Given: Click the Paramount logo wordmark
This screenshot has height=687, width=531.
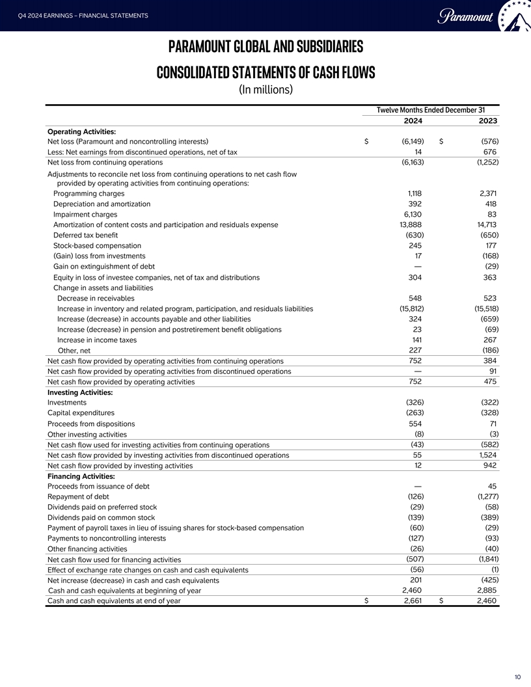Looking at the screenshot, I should (x=467, y=16).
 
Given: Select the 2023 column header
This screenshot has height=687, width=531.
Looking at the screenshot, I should (x=488, y=120).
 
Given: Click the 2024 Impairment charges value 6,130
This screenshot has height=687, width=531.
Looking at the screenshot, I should (x=413, y=214).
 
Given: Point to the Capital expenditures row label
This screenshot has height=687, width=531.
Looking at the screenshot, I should (x=81, y=412).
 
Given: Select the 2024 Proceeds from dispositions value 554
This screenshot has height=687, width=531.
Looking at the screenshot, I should (x=415, y=423).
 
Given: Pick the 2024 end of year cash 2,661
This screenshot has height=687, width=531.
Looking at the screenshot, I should (x=413, y=601).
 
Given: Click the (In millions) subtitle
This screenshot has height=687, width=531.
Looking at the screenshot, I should (x=265, y=89).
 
